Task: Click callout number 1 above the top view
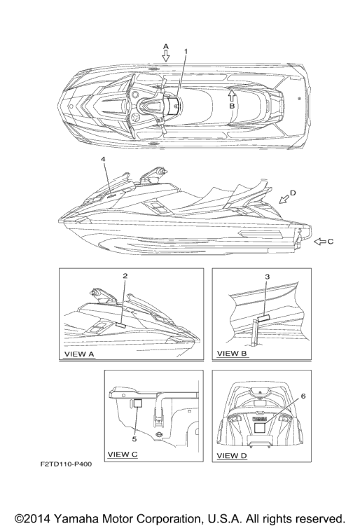pos(186,51)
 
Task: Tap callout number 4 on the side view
pos(103,159)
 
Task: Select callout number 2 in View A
pos(125,276)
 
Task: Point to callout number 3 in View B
pos(267,277)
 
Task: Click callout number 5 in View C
pos(134,439)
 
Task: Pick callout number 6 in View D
pos(303,396)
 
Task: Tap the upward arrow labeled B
pos(232,96)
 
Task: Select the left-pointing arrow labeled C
pos(320,241)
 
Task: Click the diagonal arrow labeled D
pos(284,199)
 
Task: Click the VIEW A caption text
pos(79,354)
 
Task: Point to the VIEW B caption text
pos(232,353)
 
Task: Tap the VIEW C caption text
pos(123,455)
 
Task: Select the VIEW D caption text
pos(232,455)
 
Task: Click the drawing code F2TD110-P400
pos(66,464)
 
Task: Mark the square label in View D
pos(260,428)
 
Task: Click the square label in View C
pos(138,403)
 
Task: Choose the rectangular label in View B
pos(264,318)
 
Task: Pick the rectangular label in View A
pos(120,325)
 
